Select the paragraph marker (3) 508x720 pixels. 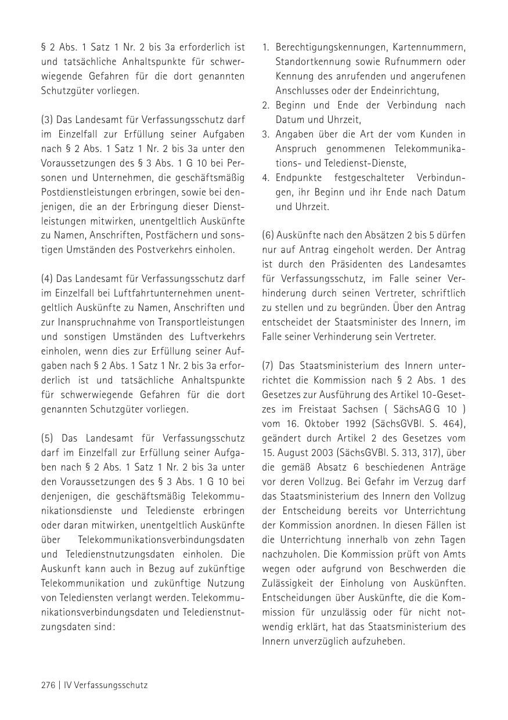click(x=47, y=120)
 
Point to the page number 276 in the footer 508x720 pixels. click(x=48, y=685)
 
